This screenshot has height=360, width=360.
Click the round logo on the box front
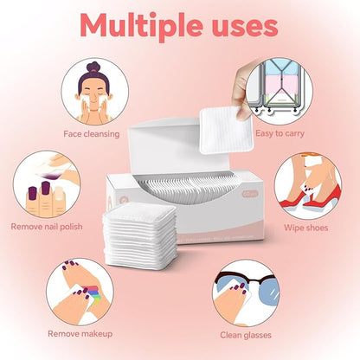coord(129,201)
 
